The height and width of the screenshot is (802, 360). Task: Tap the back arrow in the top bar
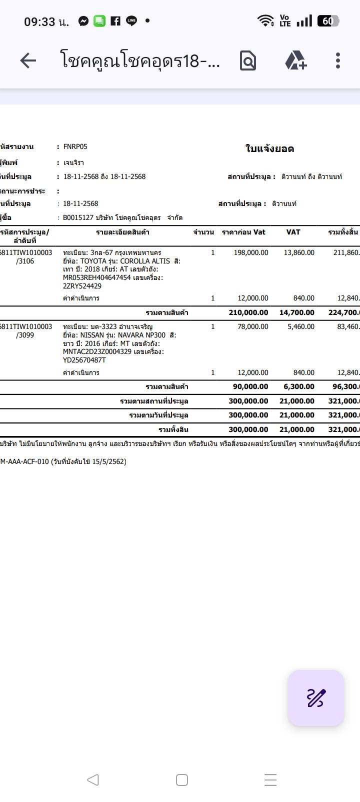pos(28,61)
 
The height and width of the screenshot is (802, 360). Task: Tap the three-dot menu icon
pos(338,61)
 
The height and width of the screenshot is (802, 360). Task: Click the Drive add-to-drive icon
pos(295,61)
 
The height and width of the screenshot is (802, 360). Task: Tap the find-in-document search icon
pos(248,61)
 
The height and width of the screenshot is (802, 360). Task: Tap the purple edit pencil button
pos(316,697)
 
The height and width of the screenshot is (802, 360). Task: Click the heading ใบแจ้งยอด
pos(269,148)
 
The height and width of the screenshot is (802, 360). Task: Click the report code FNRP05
pos(75,146)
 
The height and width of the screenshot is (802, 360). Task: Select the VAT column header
pos(293,232)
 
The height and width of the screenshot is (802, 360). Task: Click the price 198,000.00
pos(251,252)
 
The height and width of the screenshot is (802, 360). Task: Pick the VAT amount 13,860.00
pos(299,252)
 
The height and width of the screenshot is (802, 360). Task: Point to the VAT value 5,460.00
pos(301,326)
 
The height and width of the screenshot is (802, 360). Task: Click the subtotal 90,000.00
pos(250,386)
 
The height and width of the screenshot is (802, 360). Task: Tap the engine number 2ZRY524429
pos(82,286)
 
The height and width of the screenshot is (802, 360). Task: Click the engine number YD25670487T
pos(84,360)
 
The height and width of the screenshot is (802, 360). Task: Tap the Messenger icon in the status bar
pos(83,21)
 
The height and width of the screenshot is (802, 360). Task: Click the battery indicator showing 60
pos(328,21)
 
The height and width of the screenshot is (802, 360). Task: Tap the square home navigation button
pos(182,779)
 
